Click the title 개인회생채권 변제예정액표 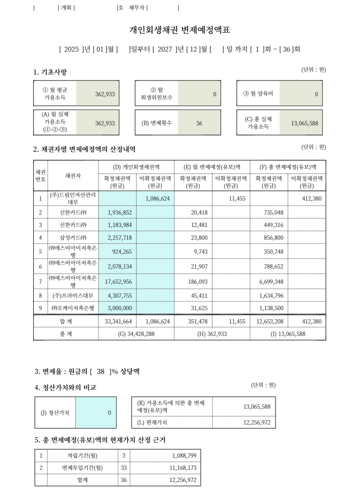coord(180,30)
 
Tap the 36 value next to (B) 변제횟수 coord(199,123)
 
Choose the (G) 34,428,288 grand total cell coord(136,334)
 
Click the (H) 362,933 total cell coord(212,334)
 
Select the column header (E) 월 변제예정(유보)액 coord(212,167)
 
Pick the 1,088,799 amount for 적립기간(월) coord(184,455)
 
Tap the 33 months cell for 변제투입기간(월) coord(124,467)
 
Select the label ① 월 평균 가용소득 coord(55,94)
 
